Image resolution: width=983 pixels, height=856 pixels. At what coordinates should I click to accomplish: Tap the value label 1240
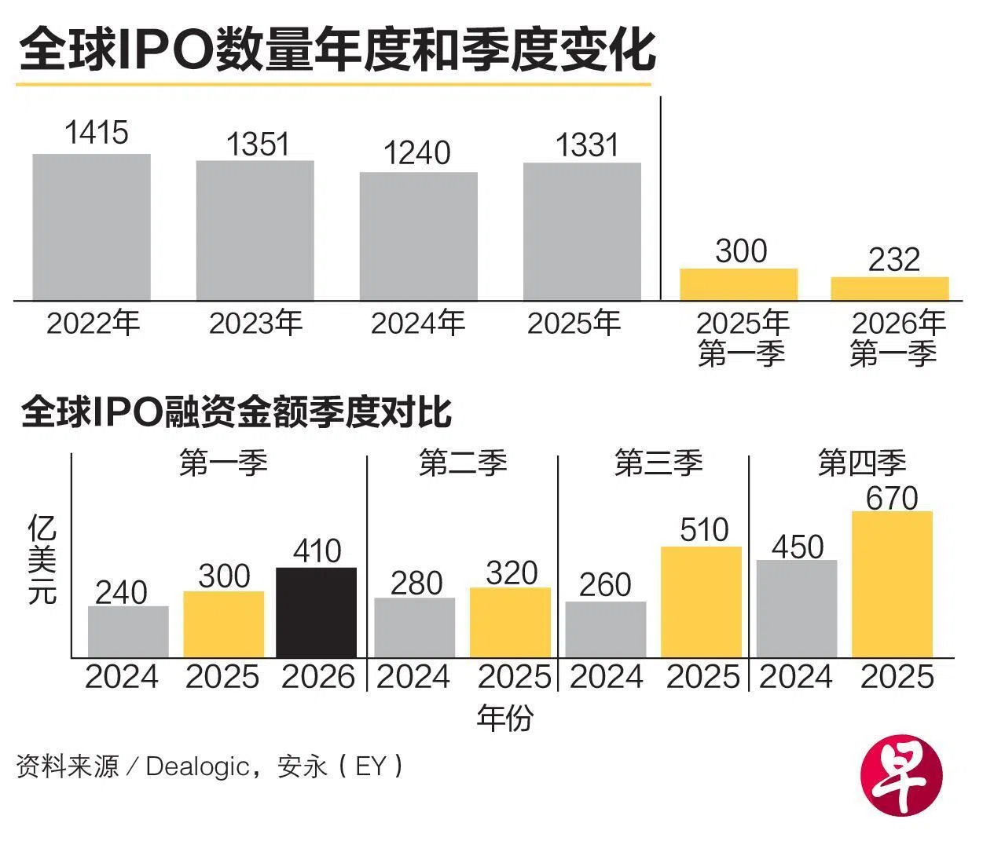(x=416, y=153)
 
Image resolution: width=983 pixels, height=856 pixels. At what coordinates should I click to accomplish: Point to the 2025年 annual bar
(x=581, y=231)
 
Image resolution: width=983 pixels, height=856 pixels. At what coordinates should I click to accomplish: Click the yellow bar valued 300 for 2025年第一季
(x=738, y=284)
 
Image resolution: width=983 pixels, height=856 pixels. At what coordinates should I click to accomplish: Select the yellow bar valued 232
(x=889, y=288)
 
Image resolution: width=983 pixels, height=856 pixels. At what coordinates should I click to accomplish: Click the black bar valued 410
(x=317, y=613)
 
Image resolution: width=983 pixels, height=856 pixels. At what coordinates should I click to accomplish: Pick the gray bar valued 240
(x=128, y=631)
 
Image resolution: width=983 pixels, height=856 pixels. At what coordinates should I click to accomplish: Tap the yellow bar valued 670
(x=892, y=584)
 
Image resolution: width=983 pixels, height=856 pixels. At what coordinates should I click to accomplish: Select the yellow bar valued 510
(x=701, y=602)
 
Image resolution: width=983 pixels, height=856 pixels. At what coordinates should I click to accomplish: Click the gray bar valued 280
(x=414, y=627)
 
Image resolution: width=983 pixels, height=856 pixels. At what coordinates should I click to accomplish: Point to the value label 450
(x=797, y=547)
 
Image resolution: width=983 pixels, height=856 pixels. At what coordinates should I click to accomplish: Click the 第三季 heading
(x=658, y=463)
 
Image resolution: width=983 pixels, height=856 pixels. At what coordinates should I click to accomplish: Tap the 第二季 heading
(x=463, y=463)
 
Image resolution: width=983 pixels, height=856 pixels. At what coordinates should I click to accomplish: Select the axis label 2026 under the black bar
(x=318, y=677)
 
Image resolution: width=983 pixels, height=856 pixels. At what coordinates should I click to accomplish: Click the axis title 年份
(x=504, y=717)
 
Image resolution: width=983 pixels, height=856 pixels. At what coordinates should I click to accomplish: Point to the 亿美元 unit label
(x=42, y=559)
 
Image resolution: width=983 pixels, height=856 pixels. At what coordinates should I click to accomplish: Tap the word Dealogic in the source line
(x=197, y=766)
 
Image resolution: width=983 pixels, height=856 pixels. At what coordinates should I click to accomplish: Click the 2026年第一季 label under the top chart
(x=896, y=338)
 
